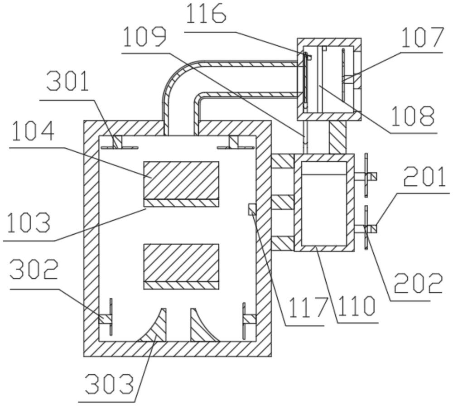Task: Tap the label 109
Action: point(145,37)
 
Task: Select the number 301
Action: point(67,82)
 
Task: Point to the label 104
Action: point(33,131)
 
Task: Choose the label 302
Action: point(34,269)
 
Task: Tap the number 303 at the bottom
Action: point(110,384)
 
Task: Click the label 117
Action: point(308,308)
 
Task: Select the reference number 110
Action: point(357,306)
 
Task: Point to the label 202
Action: point(419,284)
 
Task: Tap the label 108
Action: point(413,116)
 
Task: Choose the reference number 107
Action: point(422,38)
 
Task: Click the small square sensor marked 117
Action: point(252,209)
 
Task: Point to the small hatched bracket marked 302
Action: point(105,319)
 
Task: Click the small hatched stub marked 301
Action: point(118,141)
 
